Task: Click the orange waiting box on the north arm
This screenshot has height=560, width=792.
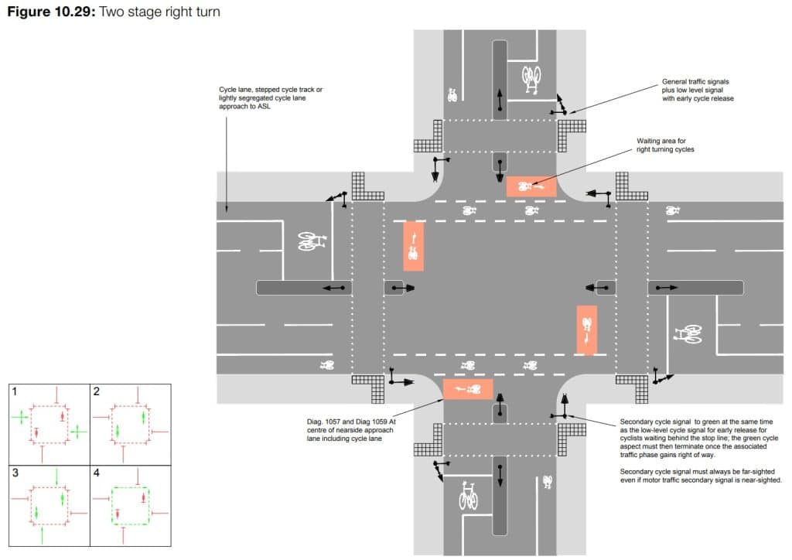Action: point(531,186)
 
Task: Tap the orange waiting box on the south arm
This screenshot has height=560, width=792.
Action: point(468,389)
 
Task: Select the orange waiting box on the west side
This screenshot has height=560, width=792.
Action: point(414,246)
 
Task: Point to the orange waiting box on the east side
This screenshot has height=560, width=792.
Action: point(587,330)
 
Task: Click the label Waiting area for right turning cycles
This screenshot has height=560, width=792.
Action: point(664,145)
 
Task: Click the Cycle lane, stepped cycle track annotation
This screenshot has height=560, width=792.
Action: point(271,99)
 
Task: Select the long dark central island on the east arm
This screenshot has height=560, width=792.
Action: point(695,288)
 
